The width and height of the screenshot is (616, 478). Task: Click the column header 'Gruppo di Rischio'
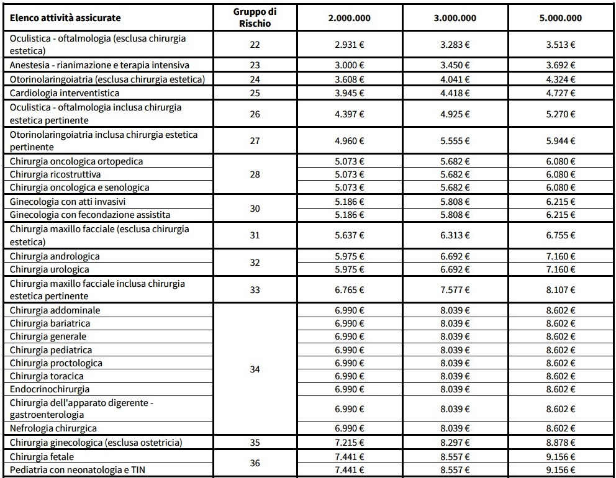[x=255, y=18]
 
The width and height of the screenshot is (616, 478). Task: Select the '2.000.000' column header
[x=349, y=18]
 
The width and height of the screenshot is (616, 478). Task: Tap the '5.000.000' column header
[x=561, y=18]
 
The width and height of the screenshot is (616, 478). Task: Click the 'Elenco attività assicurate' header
[x=65, y=18]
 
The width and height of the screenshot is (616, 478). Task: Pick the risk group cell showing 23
[x=255, y=65]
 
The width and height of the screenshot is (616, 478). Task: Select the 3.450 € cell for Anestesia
[x=455, y=65]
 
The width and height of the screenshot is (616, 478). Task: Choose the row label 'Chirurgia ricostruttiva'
[x=55, y=174]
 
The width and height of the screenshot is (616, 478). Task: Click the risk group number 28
[x=255, y=174]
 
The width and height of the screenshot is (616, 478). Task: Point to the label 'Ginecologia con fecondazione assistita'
[x=90, y=215]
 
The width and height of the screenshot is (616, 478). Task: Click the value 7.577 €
[x=455, y=290]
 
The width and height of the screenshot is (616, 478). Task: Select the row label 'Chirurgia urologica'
[x=50, y=269]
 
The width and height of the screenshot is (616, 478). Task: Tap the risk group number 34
[x=255, y=369]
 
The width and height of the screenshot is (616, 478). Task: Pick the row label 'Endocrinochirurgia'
[x=50, y=389]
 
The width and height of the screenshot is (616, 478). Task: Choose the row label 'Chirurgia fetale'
[x=41, y=456]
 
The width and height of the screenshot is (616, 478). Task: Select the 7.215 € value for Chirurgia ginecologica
[x=349, y=443]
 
